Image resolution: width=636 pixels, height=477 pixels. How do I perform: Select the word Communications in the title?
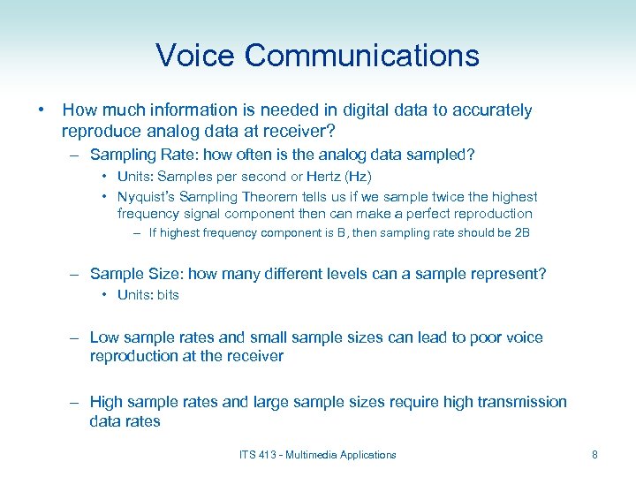coord(362,56)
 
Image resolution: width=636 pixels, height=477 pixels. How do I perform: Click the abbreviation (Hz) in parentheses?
coord(357,177)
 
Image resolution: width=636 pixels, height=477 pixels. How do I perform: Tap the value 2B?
coord(519,233)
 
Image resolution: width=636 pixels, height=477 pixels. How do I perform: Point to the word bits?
coord(168,295)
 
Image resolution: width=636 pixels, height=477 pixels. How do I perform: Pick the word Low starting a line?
coord(104,337)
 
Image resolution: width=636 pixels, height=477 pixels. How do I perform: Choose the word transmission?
coord(522,402)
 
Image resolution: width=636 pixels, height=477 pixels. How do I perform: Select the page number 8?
coord(594,455)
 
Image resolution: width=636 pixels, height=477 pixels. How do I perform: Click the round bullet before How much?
coord(42,110)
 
